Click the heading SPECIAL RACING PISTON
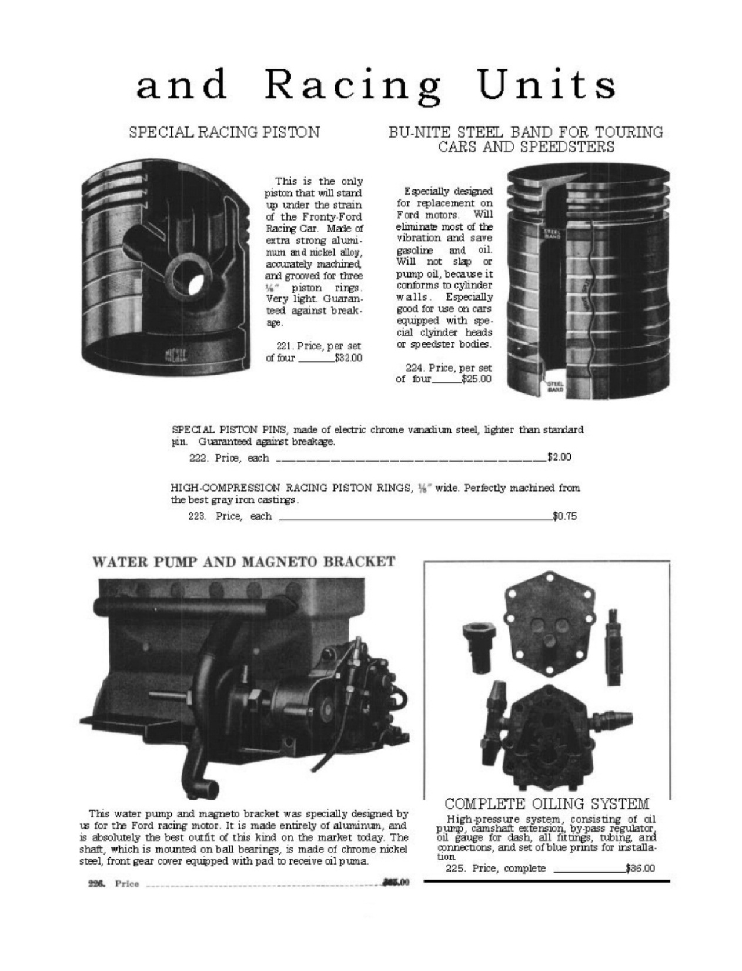pos(224,132)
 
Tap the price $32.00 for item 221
pos(348,358)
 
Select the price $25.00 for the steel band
pos(476,379)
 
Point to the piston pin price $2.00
pos(559,458)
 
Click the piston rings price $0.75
pos(564,516)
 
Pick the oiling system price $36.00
pos(640,868)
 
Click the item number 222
pos(197,458)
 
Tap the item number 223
pos(197,516)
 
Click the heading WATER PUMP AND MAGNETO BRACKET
pos(243,562)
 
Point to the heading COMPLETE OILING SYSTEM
pos(547,803)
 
